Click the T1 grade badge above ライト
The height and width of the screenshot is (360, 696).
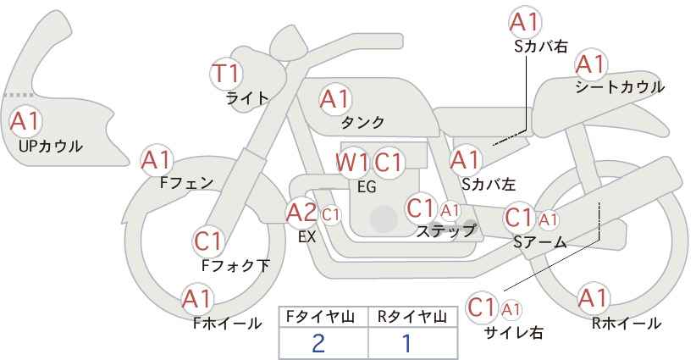click(x=226, y=73)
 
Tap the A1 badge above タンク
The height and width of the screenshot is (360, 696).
click(x=334, y=99)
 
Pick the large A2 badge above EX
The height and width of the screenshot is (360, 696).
click(x=301, y=213)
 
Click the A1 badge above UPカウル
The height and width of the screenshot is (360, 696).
click(x=25, y=121)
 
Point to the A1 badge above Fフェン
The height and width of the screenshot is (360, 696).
click(x=157, y=158)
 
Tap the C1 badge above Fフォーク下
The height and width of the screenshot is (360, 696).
click(x=208, y=241)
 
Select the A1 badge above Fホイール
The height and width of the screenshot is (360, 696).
click(x=197, y=298)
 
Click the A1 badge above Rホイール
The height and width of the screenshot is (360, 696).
click(x=592, y=298)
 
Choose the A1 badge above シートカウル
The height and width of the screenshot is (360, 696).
click(x=590, y=64)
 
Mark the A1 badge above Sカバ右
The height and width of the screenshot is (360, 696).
click(x=525, y=22)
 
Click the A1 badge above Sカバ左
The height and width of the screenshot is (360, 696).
click(x=465, y=158)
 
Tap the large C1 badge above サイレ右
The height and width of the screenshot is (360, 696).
click(x=483, y=306)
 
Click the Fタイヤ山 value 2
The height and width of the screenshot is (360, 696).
click(x=318, y=343)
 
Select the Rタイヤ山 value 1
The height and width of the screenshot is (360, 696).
click(x=406, y=343)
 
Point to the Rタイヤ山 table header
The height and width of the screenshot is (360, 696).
click(x=412, y=317)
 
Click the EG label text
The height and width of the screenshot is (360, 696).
click(x=367, y=186)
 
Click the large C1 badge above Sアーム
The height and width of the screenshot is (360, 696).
click(x=518, y=218)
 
